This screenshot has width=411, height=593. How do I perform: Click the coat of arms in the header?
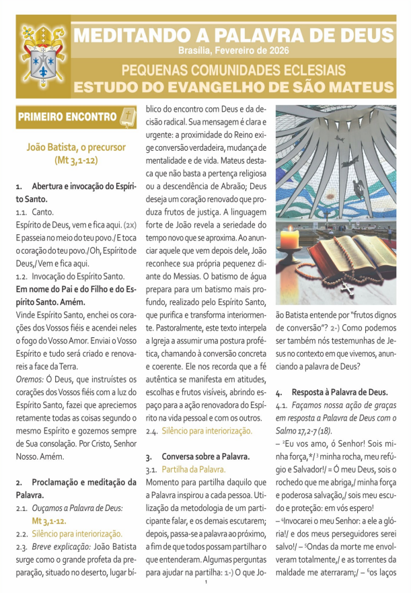tap(43, 59)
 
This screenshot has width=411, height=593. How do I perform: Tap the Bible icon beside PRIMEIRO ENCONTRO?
tap(126, 116)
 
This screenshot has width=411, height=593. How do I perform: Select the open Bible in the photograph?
tap(359, 253)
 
